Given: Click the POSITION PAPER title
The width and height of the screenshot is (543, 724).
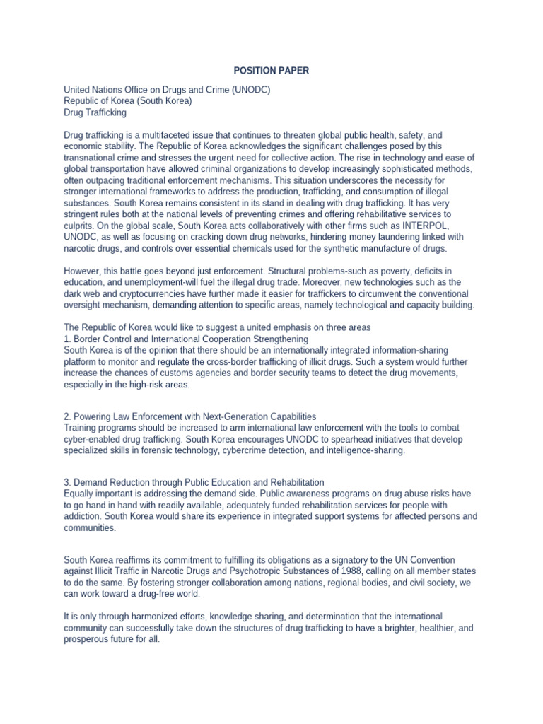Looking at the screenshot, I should click(x=271, y=71).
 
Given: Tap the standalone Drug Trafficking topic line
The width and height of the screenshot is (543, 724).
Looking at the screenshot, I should click(x=95, y=112).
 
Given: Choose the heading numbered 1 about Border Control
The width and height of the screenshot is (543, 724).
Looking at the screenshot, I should click(x=186, y=339).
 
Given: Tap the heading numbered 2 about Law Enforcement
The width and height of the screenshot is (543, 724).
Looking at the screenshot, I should click(x=189, y=416).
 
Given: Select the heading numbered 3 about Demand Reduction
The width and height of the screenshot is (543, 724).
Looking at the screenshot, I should click(x=194, y=482).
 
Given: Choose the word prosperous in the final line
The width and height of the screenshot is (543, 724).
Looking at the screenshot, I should click(x=91, y=638).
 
